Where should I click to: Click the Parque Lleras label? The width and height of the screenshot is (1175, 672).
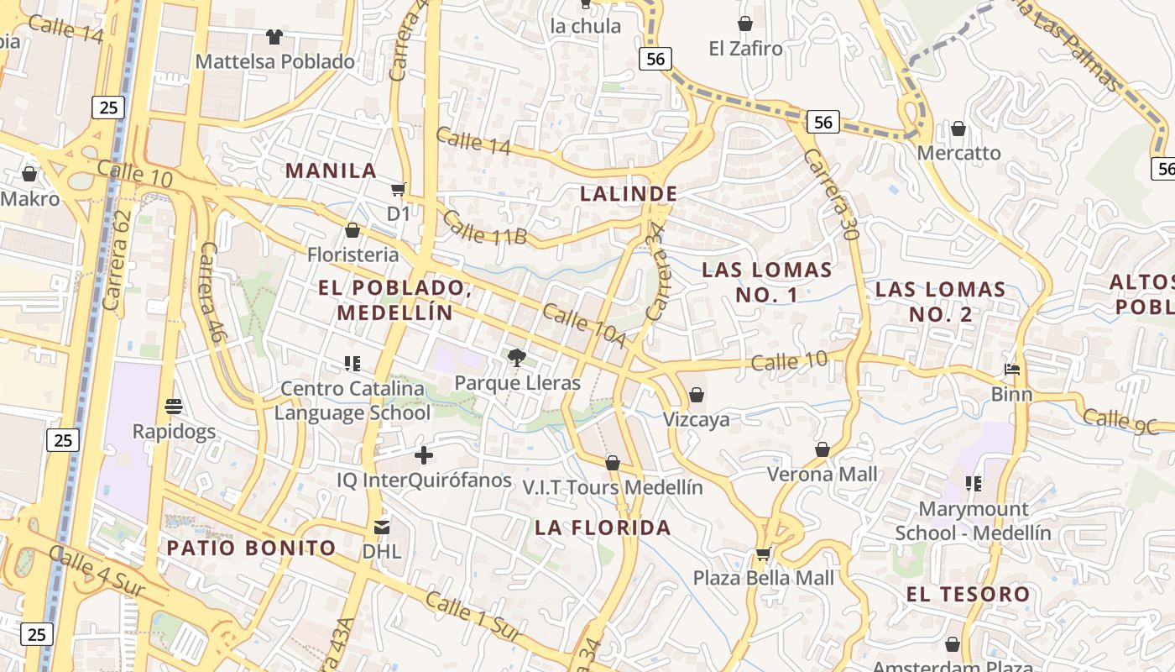(517, 383)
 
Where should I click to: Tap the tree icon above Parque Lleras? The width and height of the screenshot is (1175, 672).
(517, 358)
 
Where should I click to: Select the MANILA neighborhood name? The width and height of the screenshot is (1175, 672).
(331, 171)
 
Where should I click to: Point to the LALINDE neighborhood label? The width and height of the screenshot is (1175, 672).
(629, 194)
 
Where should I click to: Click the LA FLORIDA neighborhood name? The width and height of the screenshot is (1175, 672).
(603, 528)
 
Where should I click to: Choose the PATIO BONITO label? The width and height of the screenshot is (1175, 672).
(251, 549)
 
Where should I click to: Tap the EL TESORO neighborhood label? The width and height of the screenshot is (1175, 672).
(968, 594)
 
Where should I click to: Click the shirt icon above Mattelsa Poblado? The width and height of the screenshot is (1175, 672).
(274, 37)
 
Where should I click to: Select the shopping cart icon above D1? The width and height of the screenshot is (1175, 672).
(399, 190)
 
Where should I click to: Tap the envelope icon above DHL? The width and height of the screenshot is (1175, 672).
(382, 528)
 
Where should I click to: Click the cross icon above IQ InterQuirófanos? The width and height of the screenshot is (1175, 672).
(424, 455)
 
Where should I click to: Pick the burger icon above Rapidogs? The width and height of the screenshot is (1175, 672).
(174, 407)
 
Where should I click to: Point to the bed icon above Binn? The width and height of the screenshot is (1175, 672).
(1012, 370)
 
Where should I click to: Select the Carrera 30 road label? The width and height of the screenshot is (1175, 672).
(831, 195)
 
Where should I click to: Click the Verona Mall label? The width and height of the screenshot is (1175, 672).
(822, 474)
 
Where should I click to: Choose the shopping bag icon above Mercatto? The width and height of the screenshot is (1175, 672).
(958, 129)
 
